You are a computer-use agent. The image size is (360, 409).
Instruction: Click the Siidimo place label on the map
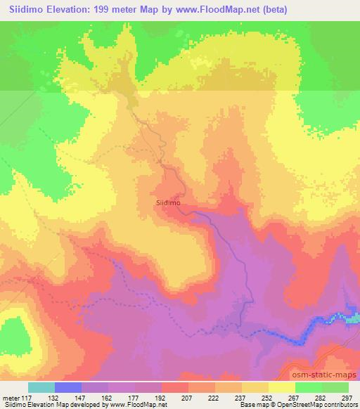click(x=168, y=202)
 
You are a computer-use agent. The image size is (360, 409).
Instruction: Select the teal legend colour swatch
click(x=41, y=387)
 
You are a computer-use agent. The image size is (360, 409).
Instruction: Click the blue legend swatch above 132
click(x=68, y=387)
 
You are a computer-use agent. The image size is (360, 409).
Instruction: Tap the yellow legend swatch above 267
click(x=282, y=387)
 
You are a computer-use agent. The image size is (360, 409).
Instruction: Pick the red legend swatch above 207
click(x=175, y=387)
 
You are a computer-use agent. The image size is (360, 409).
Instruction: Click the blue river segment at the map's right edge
click(x=352, y=318)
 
